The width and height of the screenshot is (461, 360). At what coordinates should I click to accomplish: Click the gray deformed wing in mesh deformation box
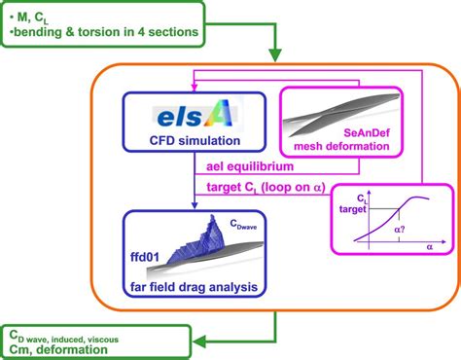tap(340, 107)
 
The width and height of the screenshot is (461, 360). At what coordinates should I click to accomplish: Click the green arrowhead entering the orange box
tap(277, 57)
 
